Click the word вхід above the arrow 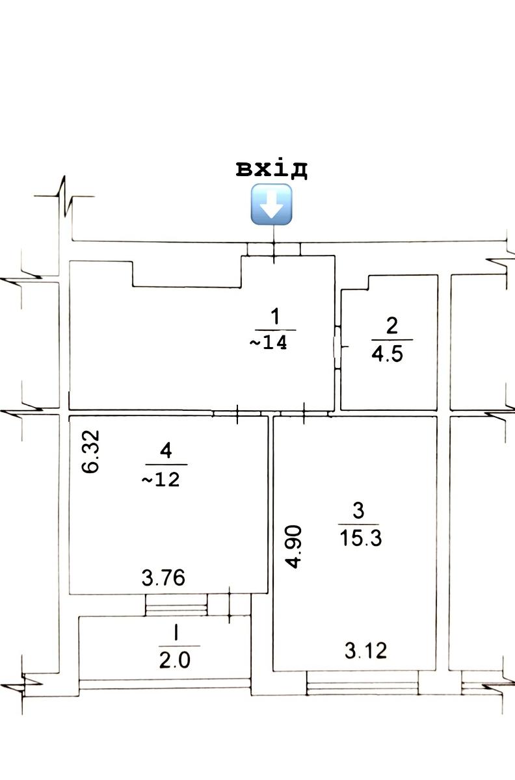(x=271, y=170)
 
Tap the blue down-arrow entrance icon (x=271, y=204)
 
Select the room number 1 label (x=275, y=317)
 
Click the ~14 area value (x=269, y=342)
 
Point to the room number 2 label (x=392, y=326)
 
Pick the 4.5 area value (x=387, y=354)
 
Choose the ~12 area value (x=161, y=480)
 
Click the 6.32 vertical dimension (x=90, y=451)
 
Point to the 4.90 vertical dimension (x=293, y=547)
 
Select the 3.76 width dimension (x=163, y=578)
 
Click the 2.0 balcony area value (x=175, y=660)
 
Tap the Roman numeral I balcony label (x=176, y=632)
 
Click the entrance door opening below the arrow (x=274, y=250)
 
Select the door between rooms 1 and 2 (x=337, y=347)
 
